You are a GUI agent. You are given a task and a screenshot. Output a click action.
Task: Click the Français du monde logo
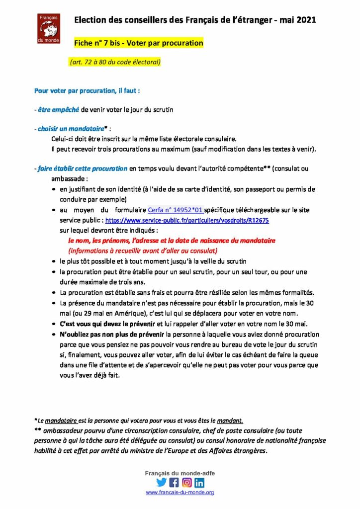coord(49,29)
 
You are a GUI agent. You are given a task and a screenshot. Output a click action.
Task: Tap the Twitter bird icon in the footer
coord(161,482)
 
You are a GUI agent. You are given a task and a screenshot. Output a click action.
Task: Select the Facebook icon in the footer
coord(174,482)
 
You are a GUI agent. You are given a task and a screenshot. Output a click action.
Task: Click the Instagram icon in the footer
coord(187,482)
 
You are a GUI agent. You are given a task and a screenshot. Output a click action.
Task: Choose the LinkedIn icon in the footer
coord(199,482)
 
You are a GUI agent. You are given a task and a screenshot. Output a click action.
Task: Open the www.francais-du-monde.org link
coord(180,492)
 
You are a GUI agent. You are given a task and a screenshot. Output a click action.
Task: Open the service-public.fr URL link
coord(187,220)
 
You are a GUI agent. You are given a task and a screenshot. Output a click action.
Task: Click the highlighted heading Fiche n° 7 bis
coord(138,43)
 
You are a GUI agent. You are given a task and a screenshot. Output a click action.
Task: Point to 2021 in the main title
coord(305,20)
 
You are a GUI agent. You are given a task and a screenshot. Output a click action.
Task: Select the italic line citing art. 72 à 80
coord(115,62)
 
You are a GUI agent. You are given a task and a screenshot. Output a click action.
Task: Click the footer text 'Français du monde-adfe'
coord(180,473)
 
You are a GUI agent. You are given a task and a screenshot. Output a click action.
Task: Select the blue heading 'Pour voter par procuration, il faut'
coord(87,91)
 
